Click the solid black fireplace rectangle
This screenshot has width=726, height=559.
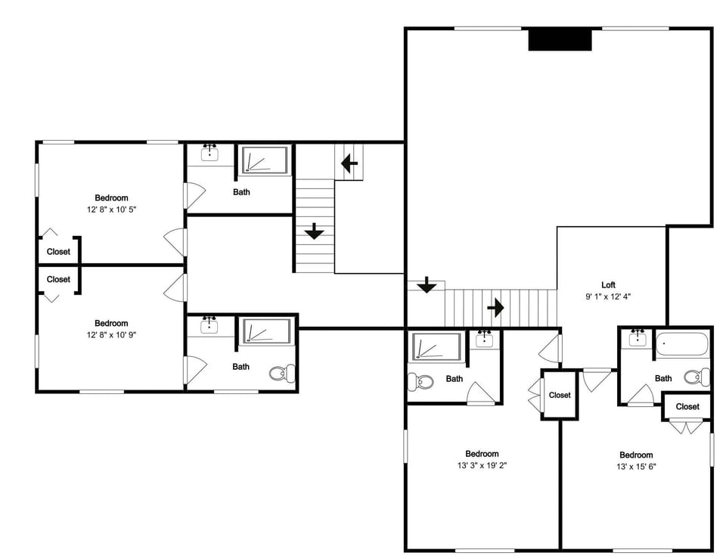pyautogui.click(x=560, y=40)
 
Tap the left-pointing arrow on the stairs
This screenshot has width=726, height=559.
pyautogui.click(x=349, y=163)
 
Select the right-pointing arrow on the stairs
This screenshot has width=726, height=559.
pyautogui.click(x=495, y=308)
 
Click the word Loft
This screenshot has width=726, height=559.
pyautogui.click(x=608, y=285)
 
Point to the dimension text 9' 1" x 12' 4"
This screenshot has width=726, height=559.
pyautogui.click(x=608, y=297)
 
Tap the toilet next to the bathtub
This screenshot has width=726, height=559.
pyautogui.click(x=696, y=377)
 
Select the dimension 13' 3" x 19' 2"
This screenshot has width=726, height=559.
pyautogui.click(x=482, y=466)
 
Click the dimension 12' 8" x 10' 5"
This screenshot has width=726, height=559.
pyautogui.click(x=111, y=209)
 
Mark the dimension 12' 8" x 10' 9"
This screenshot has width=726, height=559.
pyautogui.click(x=111, y=334)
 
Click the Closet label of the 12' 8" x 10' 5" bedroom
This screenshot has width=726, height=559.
pyautogui.click(x=58, y=252)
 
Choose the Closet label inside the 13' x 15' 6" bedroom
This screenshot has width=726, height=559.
pyautogui.click(x=687, y=407)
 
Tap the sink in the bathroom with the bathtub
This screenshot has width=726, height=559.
pyautogui.click(x=638, y=340)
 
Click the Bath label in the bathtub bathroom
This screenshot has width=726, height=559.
pyautogui.click(x=663, y=378)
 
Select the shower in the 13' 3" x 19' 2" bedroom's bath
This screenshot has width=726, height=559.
pyautogui.click(x=436, y=347)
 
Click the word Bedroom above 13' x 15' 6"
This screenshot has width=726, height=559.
pyautogui.click(x=636, y=455)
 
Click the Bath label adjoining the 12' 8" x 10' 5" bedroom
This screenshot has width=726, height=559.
pyautogui.click(x=241, y=192)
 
